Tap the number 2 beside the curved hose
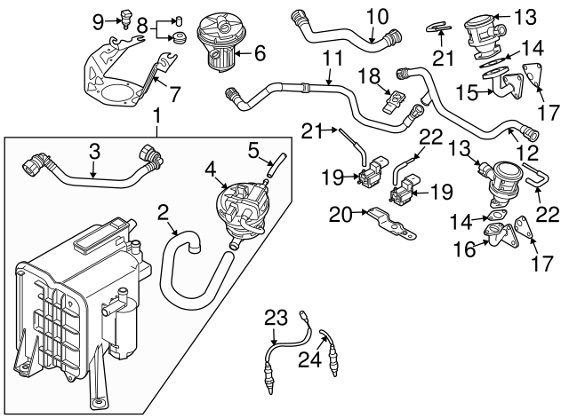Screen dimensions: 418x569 pyautogui.click(x=164, y=211)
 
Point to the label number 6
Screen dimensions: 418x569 pyautogui.click(x=260, y=53)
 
